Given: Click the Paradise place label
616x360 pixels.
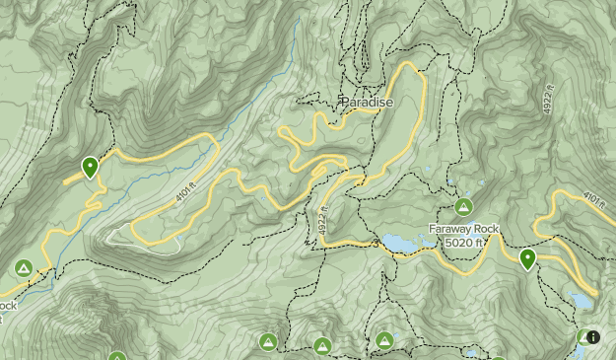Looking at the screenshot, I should [x=367, y=102].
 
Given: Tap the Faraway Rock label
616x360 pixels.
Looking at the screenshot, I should [x=464, y=229].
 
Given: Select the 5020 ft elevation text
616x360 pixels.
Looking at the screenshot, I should [x=464, y=242].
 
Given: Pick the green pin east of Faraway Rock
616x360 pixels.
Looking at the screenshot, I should [x=527, y=259].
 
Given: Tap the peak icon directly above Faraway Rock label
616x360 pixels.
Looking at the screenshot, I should [x=464, y=207].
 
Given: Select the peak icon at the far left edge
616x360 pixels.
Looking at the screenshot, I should [x=23, y=268].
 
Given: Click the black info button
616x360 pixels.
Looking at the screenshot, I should [x=592, y=336].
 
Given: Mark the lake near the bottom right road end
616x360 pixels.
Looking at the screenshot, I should [x=582, y=299].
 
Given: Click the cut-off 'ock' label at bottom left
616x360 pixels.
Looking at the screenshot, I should [x=8, y=306].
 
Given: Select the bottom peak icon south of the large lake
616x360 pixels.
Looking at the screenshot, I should [x=384, y=341].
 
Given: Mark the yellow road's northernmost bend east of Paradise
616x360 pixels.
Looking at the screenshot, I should [x=409, y=67].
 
